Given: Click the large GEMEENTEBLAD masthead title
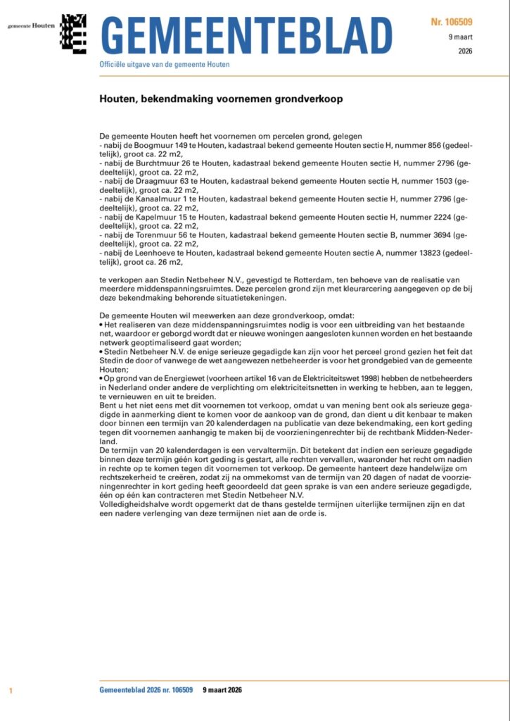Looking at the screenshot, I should pos(246,35).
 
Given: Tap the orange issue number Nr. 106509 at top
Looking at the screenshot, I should pos(452,23).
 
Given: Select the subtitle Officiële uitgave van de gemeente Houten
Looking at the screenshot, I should pos(165,65).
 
